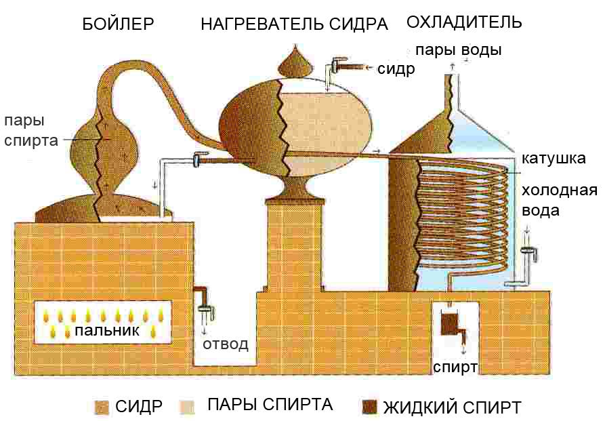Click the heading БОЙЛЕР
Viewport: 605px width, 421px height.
(118, 24)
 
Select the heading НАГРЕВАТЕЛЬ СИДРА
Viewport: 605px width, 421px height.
(294, 24)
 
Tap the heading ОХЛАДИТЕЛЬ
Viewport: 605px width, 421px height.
(464, 22)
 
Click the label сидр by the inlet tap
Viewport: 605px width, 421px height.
(396, 68)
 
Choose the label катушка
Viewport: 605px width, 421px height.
(554, 159)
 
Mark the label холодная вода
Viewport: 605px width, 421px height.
(559, 200)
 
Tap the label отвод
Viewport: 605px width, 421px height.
(226, 344)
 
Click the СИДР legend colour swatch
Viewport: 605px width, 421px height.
(102, 407)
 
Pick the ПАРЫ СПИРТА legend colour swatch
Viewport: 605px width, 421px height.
(186, 406)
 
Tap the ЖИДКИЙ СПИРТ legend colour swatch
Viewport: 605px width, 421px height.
(369, 407)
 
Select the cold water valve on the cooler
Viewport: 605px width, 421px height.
(528, 253)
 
